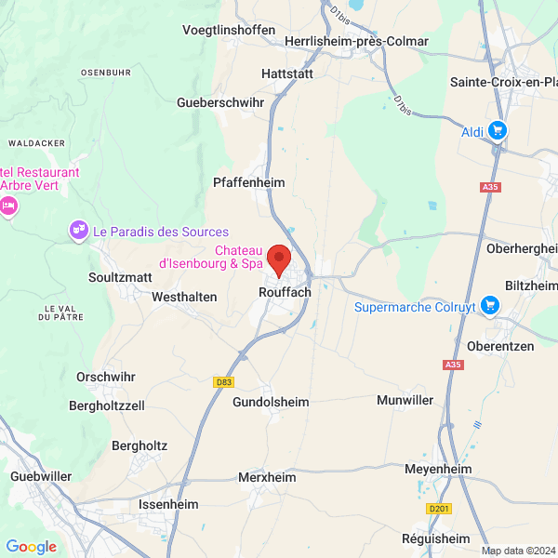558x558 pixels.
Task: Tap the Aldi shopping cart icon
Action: (498, 131)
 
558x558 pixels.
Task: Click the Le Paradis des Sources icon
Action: (79, 230)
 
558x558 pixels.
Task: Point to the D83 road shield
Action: (223, 381)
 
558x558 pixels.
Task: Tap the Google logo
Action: (31, 547)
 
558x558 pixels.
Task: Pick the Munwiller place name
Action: (405, 401)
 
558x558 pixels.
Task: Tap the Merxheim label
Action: (267, 477)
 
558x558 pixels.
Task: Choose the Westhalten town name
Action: (184, 297)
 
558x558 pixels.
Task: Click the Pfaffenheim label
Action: (249, 182)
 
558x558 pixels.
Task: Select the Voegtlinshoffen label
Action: (229, 30)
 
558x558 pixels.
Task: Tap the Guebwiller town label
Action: (41, 476)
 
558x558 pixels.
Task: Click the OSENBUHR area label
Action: (107, 72)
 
